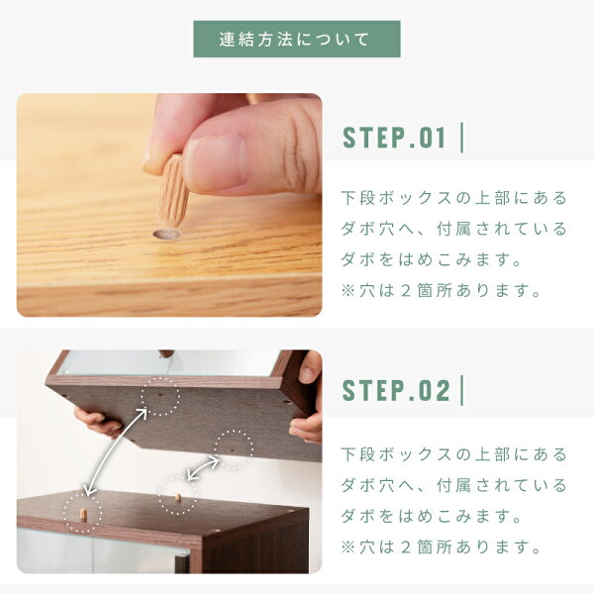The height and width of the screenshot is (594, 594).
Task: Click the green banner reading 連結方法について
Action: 297,39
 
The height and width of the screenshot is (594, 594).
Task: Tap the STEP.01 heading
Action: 394,138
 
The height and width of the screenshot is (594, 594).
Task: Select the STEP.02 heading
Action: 396,390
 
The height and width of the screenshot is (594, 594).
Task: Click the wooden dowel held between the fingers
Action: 173,190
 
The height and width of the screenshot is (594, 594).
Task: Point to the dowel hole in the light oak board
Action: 166,235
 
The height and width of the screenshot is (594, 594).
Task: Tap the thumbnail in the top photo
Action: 217,162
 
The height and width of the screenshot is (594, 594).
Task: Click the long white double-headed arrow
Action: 116,451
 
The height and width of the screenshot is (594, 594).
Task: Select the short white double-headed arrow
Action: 203,469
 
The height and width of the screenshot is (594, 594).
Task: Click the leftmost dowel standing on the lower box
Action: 83,515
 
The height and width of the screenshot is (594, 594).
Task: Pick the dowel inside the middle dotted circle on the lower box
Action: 177,497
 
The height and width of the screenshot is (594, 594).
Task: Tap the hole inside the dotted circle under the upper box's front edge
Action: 159,394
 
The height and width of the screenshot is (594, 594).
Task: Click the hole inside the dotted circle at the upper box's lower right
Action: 232,450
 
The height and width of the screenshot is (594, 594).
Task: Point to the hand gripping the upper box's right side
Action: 307,397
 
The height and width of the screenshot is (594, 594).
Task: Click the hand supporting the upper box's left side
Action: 98,422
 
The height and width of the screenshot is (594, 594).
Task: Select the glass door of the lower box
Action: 102,550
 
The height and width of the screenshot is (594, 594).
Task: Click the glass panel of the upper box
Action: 170,363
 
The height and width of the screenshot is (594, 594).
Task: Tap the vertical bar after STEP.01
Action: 461,138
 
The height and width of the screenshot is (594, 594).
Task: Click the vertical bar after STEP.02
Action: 461,390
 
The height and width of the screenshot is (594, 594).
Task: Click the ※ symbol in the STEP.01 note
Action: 347,291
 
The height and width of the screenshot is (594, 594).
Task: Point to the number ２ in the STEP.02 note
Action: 405,547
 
